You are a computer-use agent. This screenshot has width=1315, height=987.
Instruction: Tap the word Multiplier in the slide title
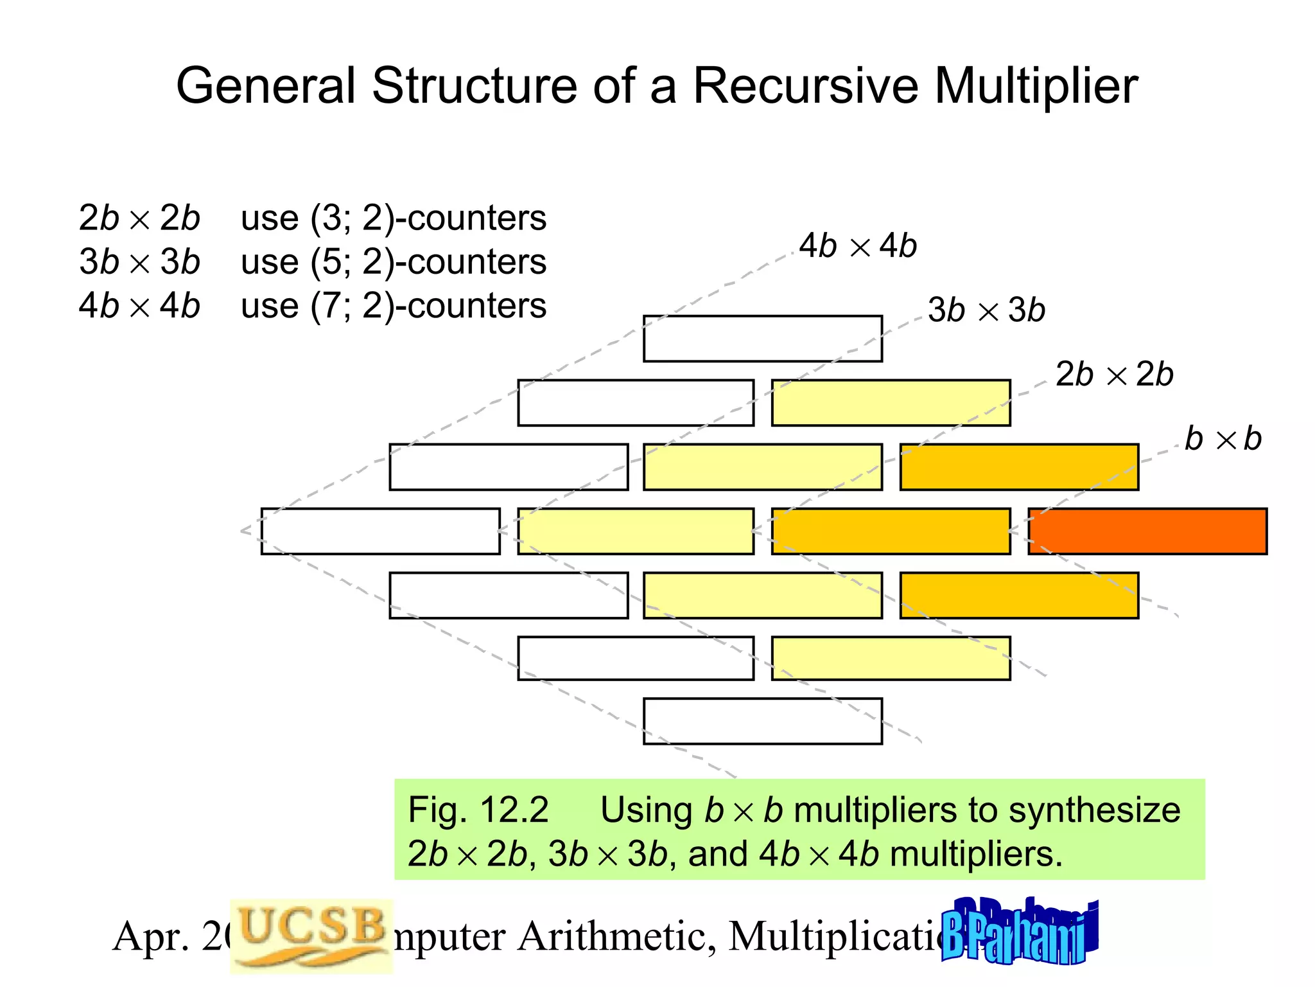pyautogui.click(x=1036, y=85)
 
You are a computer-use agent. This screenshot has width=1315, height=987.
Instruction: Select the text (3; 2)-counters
pyautogui.click(x=428, y=218)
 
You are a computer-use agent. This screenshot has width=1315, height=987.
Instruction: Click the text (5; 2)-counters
pyautogui.click(x=428, y=262)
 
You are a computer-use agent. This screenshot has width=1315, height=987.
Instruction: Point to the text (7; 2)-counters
pyautogui.click(x=428, y=305)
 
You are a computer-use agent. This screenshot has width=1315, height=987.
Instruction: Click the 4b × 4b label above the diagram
pyautogui.click(x=858, y=246)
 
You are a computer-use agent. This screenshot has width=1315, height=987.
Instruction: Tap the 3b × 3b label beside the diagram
pyautogui.click(x=986, y=310)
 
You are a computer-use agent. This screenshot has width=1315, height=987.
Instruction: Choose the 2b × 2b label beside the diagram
pyautogui.click(x=1114, y=375)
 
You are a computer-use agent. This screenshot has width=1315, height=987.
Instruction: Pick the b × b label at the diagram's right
pyautogui.click(x=1223, y=439)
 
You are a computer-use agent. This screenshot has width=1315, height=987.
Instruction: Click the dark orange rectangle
pyautogui.click(x=1147, y=531)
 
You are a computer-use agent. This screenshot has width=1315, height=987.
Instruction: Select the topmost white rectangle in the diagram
pyautogui.click(x=763, y=339)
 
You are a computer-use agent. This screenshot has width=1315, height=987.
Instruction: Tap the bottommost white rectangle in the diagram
pyautogui.click(x=763, y=721)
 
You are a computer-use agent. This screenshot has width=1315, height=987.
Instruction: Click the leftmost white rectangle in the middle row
pyautogui.click(x=380, y=531)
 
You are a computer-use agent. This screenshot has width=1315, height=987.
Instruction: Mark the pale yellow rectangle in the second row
pyautogui.click(x=891, y=403)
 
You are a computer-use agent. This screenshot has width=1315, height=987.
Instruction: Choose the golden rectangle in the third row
pyautogui.click(x=1019, y=467)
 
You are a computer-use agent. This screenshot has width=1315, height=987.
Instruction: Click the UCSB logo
pyautogui.click(x=311, y=935)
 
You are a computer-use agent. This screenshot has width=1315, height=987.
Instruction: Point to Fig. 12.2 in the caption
pyautogui.click(x=478, y=810)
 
